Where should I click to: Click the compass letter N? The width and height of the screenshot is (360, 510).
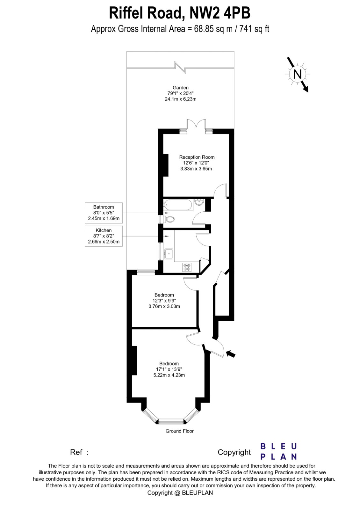(x=297, y=74)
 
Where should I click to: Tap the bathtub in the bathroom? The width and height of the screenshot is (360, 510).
(x=178, y=205)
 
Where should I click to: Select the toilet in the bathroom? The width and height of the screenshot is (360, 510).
(x=169, y=219)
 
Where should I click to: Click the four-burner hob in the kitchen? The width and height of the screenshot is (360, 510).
(x=187, y=267)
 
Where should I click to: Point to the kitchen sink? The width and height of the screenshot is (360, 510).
(x=169, y=254)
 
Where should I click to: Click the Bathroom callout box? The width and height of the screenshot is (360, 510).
(x=104, y=213)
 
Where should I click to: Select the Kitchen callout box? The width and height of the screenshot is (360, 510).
(x=104, y=236)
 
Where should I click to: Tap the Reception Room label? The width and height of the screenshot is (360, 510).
(x=197, y=157)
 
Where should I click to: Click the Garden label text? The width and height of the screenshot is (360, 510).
(x=181, y=88)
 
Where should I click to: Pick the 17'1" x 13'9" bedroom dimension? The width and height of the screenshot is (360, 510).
(x=169, y=369)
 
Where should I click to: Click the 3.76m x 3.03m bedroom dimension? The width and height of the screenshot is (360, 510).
(x=164, y=306)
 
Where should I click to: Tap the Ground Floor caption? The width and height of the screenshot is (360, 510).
(x=179, y=431)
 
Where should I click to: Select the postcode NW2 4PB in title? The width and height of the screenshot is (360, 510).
(x=220, y=13)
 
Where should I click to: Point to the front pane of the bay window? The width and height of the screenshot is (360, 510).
(x=171, y=422)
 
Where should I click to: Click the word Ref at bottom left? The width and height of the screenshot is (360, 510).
(x=76, y=452)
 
